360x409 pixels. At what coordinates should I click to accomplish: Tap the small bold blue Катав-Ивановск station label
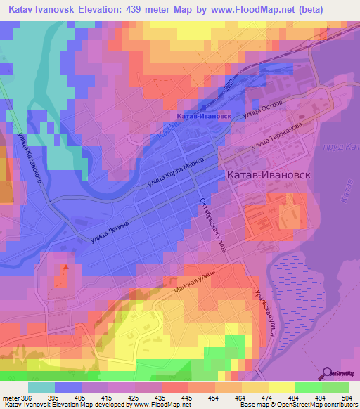[x=203, y=115]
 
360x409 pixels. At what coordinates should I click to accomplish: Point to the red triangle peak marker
[x=65, y=267]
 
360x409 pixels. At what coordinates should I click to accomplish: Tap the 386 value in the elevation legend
[x=27, y=397]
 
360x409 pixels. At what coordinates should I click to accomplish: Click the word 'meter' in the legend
[x=11, y=397]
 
